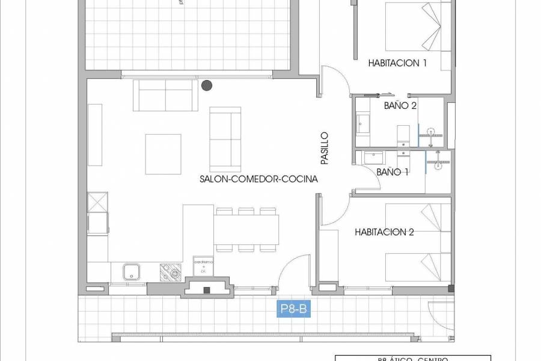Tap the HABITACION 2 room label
coord(384,232)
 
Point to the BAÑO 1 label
coord(393,172)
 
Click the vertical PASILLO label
coord(325,149)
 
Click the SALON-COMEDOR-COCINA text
coord(259,179)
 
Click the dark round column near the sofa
coord(207,86)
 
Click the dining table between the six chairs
coord(246,229)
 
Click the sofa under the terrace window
coord(165,94)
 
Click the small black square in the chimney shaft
coord(207,290)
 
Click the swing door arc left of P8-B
coord(294,268)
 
